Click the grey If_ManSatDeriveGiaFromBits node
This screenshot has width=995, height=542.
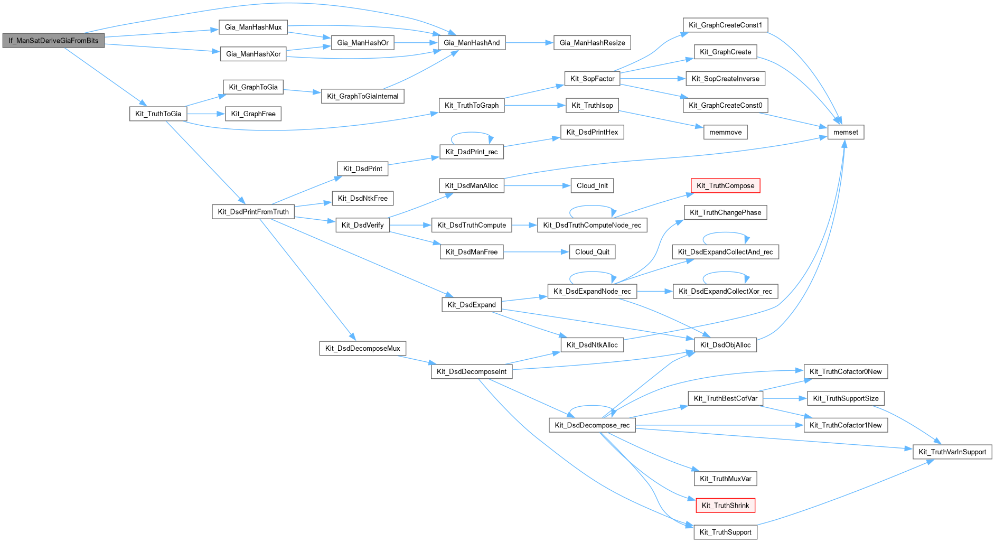click(x=53, y=41)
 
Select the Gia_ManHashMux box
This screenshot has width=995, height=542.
click(x=253, y=27)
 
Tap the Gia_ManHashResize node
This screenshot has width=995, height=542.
click(x=592, y=43)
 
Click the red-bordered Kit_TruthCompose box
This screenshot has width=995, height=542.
click(x=725, y=186)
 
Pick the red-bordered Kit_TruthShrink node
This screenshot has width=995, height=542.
click(x=725, y=506)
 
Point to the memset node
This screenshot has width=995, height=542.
click(x=846, y=133)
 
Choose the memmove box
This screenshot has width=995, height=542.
click(x=725, y=133)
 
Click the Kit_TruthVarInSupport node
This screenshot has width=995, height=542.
click(x=952, y=452)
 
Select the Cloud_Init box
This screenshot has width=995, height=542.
click(x=592, y=186)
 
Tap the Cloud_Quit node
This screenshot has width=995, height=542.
click(x=592, y=252)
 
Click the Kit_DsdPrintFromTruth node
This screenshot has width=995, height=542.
click(x=253, y=212)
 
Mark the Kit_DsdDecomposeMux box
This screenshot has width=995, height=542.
click(x=362, y=349)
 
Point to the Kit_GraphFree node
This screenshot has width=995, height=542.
click(x=253, y=114)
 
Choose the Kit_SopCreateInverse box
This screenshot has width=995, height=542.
click(x=725, y=79)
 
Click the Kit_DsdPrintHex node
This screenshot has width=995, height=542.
click(x=592, y=133)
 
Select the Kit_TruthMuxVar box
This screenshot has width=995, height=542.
click(x=725, y=479)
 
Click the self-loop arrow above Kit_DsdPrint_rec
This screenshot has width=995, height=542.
click(x=472, y=133)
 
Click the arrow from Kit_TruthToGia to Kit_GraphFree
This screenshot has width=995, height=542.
click(x=206, y=114)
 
